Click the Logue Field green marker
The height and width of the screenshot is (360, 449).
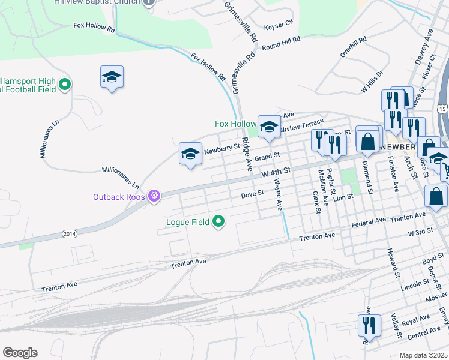coord(219,222)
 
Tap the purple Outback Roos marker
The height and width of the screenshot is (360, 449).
coord(154,196)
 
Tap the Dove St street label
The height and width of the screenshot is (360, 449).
coord(252,194)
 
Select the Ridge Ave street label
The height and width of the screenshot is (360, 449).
coord(246,154)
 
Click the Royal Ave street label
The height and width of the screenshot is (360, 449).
coord(416,319)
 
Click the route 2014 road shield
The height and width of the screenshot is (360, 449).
coord(70,233)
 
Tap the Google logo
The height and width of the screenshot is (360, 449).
coord(20,353)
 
